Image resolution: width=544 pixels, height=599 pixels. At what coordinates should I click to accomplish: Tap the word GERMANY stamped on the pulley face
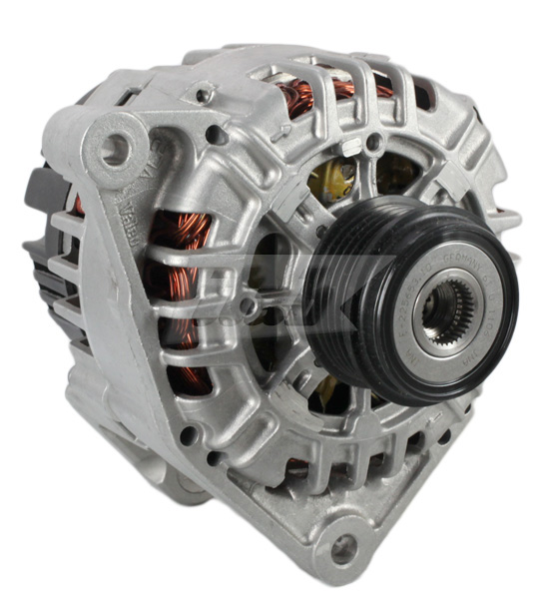[x=437, y=261]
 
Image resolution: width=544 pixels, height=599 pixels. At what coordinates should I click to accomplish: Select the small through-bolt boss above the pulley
[x=373, y=143]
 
